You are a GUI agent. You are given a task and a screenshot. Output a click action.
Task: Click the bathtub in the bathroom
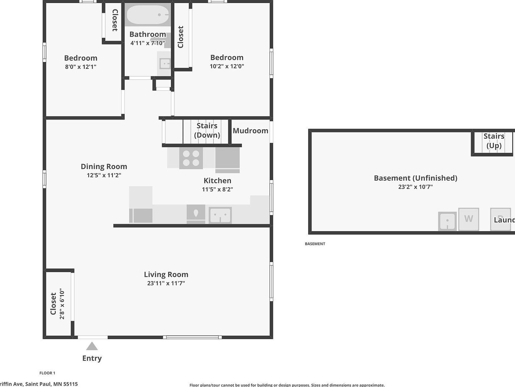pyautogui.click(x=148, y=15)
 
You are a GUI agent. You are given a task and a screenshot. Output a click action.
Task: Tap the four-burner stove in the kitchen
pyautogui.click(x=191, y=158)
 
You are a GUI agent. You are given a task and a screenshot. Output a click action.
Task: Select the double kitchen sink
pyautogui.click(x=220, y=215)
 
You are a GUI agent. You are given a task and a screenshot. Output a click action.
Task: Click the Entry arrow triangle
pyautogui.click(x=92, y=346)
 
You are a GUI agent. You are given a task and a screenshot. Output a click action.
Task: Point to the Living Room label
pyautogui.click(x=166, y=274)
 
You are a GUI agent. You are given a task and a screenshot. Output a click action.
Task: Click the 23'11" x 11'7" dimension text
pyautogui.click(x=166, y=283)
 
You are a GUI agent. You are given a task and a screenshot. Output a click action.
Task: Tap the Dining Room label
pyautogui.click(x=104, y=166)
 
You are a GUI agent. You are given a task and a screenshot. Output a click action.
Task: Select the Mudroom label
pyautogui.click(x=250, y=131)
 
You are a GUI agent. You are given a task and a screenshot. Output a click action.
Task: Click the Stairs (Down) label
pyautogui.click(x=207, y=130)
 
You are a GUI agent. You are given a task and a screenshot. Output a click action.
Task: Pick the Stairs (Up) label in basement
pyautogui.click(x=494, y=141)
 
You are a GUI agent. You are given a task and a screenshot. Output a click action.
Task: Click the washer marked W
pyautogui.click(x=468, y=219)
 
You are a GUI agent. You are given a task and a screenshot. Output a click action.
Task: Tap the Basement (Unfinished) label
pyautogui.click(x=415, y=178)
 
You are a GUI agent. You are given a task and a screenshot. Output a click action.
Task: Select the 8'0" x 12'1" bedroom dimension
pyautogui.click(x=80, y=67)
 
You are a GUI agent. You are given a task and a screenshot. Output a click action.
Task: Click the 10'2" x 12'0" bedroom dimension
pyautogui.click(x=227, y=66)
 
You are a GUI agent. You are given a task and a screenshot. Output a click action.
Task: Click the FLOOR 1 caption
pyautogui.click(x=47, y=373)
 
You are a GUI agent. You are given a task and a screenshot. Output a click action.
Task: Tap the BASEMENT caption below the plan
pyautogui.click(x=315, y=244)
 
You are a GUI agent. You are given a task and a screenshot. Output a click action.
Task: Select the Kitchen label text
pyautogui.click(x=217, y=180)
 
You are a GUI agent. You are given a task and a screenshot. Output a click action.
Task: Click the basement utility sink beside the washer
pyautogui.click(x=447, y=221)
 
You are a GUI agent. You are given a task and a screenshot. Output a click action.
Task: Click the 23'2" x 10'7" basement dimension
pyautogui.click(x=415, y=187)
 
